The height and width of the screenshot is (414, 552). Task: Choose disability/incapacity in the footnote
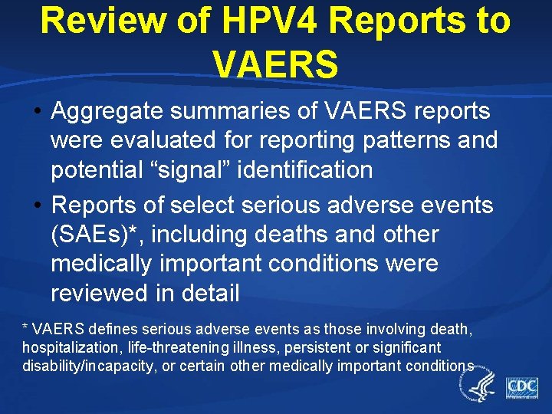86,366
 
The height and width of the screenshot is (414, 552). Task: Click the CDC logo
521,386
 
